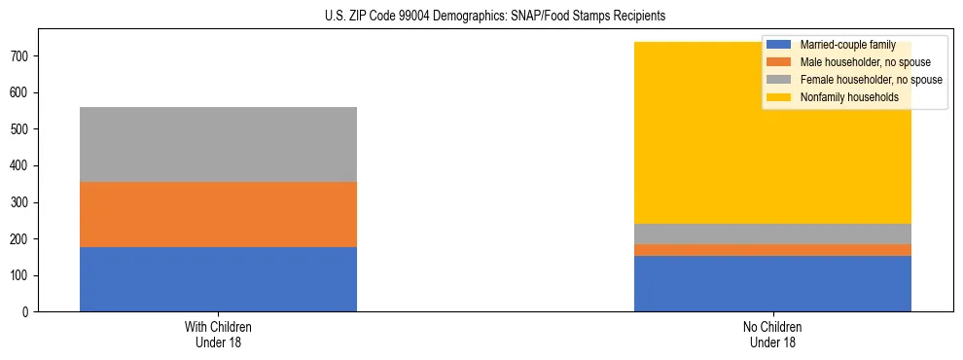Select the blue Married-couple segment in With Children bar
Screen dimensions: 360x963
tap(218, 279)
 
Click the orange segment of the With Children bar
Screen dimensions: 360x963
tap(218, 214)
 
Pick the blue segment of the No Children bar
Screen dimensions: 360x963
tap(772, 283)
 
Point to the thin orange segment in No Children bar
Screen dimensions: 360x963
tap(772, 250)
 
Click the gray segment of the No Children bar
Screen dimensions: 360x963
tap(772, 234)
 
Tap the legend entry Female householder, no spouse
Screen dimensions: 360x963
tap(870, 80)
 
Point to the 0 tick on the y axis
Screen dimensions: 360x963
tap(27, 312)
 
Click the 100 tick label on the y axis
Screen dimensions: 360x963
tap(21, 275)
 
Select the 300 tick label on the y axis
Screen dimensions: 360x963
tap(21, 202)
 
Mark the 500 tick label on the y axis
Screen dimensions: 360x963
tap(21, 129)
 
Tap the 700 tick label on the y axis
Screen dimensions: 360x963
tap(21, 56)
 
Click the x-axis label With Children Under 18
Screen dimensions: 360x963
tap(218, 335)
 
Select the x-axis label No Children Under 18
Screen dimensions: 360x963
tap(772, 335)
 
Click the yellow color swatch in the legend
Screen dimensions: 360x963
tap(779, 97)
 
